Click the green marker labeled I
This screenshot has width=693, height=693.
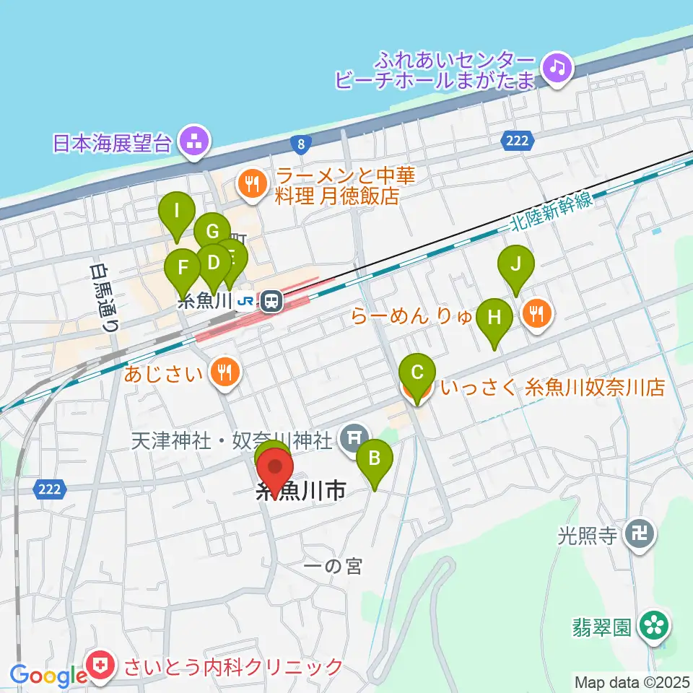177,213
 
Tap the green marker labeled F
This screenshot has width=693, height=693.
183,268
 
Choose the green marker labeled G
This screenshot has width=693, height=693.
212,232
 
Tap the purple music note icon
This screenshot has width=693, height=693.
557,69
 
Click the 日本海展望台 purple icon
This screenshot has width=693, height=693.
193,141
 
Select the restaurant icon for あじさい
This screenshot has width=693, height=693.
225,372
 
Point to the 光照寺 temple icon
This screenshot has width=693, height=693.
641,535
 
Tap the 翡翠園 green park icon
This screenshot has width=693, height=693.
655,626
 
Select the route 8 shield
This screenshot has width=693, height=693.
300,144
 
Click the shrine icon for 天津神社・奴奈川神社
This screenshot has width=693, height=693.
353,438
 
